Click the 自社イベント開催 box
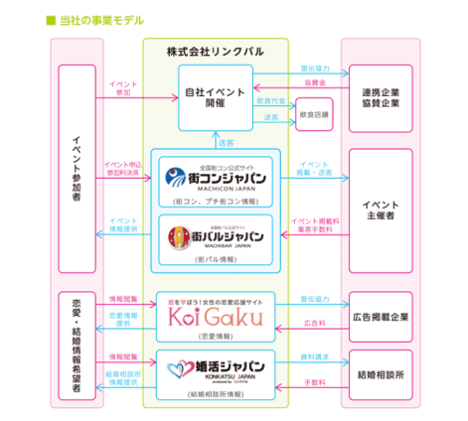click(215, 97)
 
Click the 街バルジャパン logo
click(216, 237)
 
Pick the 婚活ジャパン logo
click(216, 371)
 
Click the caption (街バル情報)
click(216, 259)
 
